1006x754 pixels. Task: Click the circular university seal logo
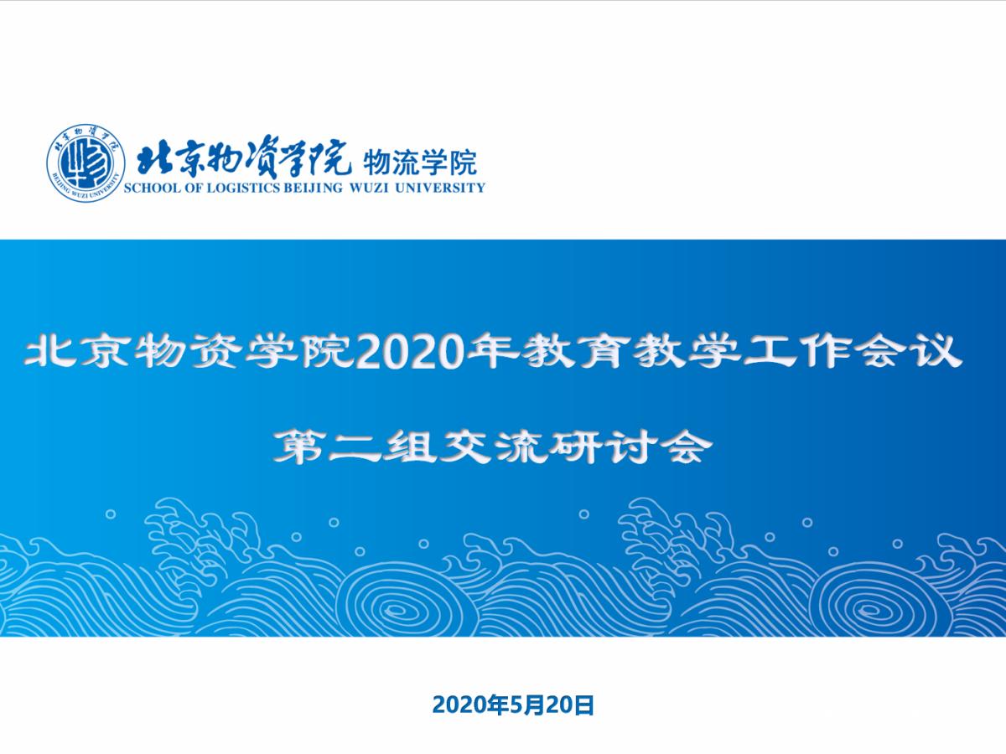tap(86, 163)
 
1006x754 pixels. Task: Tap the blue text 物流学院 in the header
tap(420, 163)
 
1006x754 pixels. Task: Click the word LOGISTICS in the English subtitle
tap(244, 187)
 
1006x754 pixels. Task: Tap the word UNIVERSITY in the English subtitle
tap(439, 187)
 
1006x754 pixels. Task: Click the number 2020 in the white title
tap(409, 353)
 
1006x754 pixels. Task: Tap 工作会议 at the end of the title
tap(852, 352)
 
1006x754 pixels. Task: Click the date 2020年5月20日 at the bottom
tap(513, 705)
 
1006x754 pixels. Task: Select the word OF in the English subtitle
tap(194, 187)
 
